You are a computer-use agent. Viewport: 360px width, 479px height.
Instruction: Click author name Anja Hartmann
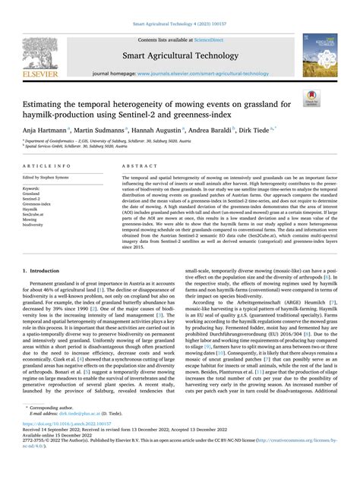44,131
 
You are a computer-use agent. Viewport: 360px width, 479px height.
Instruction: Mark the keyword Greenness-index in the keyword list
39,204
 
